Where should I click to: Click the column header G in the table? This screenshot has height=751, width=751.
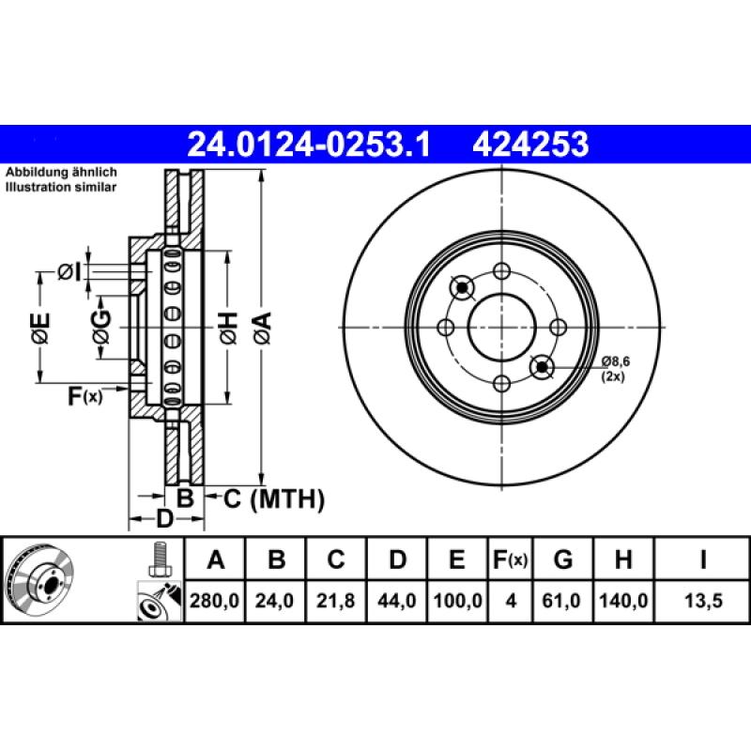point(563,560)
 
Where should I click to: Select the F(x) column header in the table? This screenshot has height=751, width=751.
point(511,560)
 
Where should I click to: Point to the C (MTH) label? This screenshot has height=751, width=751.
point(273,498)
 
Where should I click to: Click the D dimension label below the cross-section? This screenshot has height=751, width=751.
point(164,519)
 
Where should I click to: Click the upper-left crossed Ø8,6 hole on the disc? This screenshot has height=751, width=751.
point(463,287)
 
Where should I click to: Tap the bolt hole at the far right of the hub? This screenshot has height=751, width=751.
point(558,327)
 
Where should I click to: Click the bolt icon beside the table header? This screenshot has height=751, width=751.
point(157,559)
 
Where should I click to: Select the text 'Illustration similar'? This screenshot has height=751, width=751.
point(61,188)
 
